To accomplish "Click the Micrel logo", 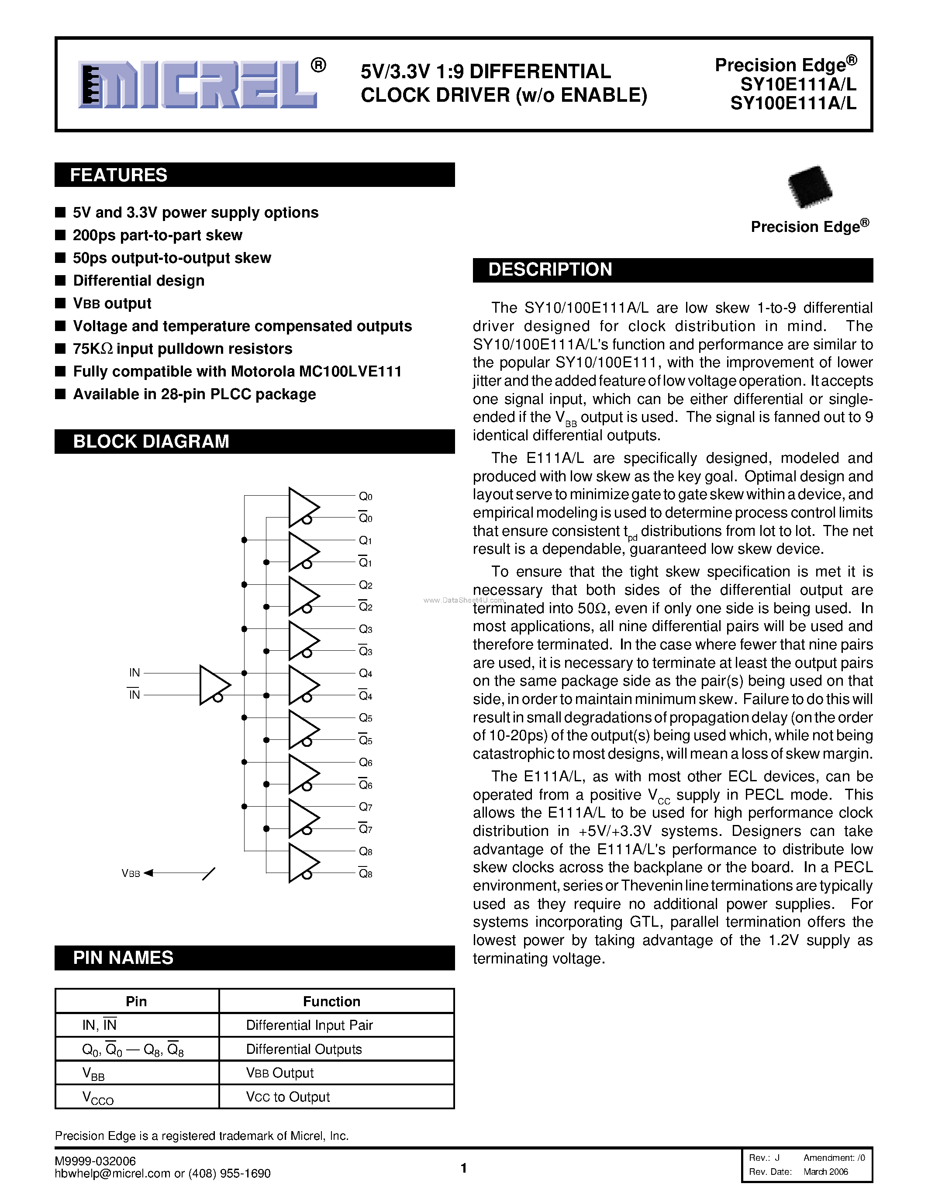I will (198, 84).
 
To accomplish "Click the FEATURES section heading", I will (119, 175).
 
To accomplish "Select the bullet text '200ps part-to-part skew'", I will (157, 235).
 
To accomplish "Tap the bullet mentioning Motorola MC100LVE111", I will (237, 372).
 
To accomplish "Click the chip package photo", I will (809, 187).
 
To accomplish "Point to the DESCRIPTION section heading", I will (550, 269).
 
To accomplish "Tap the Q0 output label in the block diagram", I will (366, 497).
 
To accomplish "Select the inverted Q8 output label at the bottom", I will (366, 874).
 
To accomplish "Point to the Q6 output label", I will (366, 763).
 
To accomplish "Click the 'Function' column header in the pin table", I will (331, 1001).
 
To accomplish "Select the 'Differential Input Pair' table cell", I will (310, 1025).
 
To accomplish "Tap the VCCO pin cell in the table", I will (98, 1097).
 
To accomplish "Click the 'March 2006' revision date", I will (825, 1172).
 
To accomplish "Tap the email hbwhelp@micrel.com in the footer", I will (112, 1174).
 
